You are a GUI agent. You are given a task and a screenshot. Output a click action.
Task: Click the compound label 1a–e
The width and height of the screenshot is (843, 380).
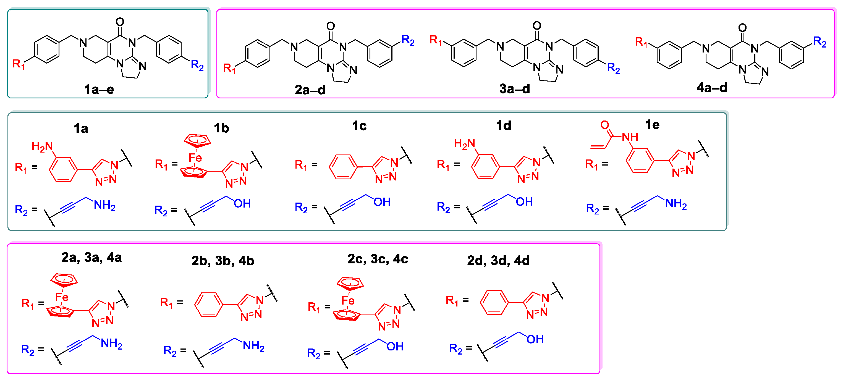(x=99, y=89)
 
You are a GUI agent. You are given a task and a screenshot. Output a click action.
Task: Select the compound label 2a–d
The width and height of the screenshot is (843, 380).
(x=310, y=90)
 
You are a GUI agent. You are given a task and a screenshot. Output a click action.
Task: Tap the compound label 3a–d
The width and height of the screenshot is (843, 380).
(x=514, y=89)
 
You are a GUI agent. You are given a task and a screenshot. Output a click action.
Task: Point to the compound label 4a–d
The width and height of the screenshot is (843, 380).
(x=712, y=88)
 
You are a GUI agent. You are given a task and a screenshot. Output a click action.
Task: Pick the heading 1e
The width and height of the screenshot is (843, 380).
(x=652, y=125)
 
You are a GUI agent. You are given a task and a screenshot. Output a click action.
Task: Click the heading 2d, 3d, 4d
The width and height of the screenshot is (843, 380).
(x=498, y=261)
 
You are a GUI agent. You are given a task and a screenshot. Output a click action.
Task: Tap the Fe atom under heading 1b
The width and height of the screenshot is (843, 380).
(x=195, y=158)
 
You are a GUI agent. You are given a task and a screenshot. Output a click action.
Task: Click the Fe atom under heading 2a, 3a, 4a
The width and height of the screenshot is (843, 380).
(x=62, y=297)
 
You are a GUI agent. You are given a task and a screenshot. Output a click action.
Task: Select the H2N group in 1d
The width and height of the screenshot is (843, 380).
(x=464, y=143)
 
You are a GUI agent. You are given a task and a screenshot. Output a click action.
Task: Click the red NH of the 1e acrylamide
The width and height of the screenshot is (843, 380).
(x=630, y=137)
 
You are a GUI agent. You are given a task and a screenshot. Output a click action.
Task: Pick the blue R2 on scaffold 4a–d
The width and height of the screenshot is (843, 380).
(x=820, y=42)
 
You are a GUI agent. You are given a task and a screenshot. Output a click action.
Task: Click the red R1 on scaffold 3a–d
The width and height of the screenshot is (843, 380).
(x=436, y=40)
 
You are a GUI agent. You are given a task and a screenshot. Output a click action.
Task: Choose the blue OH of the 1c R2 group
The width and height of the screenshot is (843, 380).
(x=382, y=202)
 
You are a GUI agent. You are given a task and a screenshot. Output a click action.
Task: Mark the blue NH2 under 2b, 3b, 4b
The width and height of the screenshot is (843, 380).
(x=254, y=346)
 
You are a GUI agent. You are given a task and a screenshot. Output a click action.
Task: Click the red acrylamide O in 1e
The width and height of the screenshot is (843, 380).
(x=605, y=125)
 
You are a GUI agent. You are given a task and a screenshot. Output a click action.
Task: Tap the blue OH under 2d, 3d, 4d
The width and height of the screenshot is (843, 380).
(x=535, y=339)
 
